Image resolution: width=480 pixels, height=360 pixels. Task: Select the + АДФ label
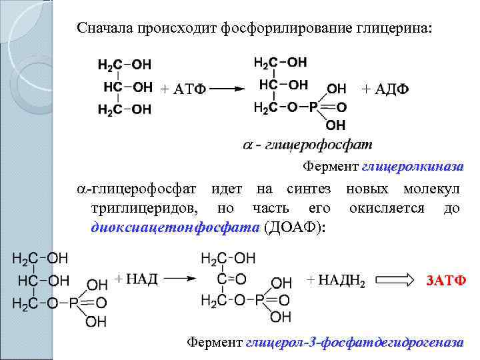(385, 89)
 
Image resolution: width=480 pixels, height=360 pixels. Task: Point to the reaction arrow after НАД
(180, 279)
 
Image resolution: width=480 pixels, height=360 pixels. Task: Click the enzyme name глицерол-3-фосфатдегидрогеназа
(354, 343)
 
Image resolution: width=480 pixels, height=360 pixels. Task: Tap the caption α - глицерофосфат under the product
(307, 145)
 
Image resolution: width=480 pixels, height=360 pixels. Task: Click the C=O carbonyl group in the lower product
(231, 279)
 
